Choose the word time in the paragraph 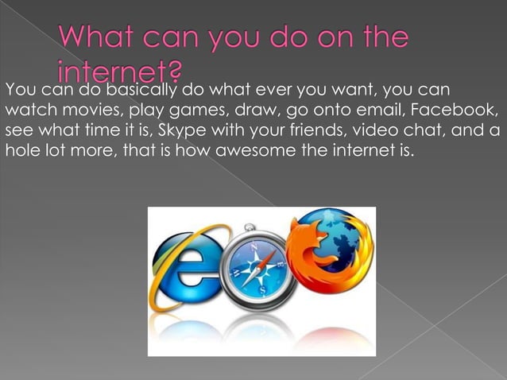pos(99,129)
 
